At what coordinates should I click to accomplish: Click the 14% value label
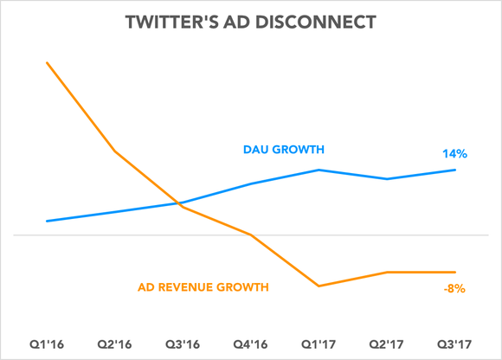454,153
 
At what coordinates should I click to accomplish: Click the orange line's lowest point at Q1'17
319,286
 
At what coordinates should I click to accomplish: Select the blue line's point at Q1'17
319,170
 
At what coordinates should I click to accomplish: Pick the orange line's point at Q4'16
251,235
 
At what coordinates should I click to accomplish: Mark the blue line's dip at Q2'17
388,179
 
